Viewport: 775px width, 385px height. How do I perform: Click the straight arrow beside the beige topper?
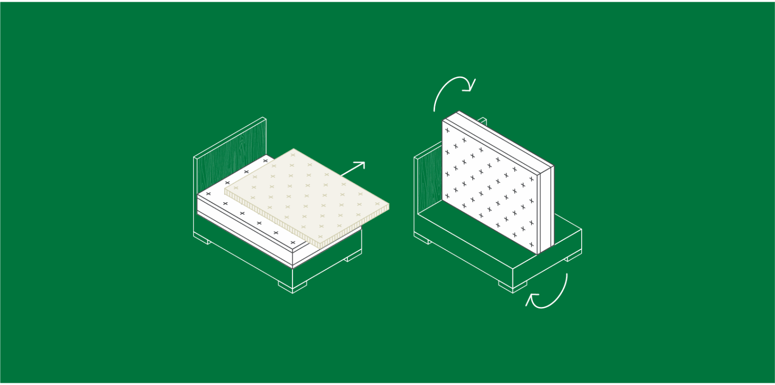pyautogui.click(x=353, y=169)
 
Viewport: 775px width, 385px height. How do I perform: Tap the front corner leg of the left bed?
pyautogui.click(x=293, y=287)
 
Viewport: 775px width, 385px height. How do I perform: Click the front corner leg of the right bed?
pyautogui.click(x=513, y=287)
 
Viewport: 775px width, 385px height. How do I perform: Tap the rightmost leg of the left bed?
pyautogui.click(x=354, y=257)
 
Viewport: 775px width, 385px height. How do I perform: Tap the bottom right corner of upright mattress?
pyautogui.click(x=538, y=252)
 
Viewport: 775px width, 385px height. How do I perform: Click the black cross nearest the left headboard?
pyautogui.click(x=265, y=160)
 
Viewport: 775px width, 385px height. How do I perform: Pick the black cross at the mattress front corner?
pyautogui.click(x=293, y=242)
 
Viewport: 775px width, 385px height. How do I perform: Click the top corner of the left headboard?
pyautogui.click(x=264, y=118)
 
